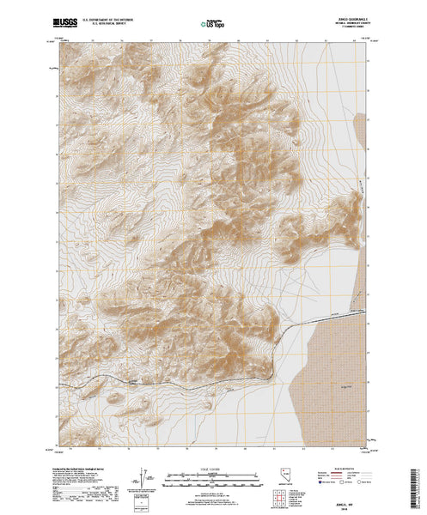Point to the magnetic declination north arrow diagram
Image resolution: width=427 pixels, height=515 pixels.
(x=142, y=476)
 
